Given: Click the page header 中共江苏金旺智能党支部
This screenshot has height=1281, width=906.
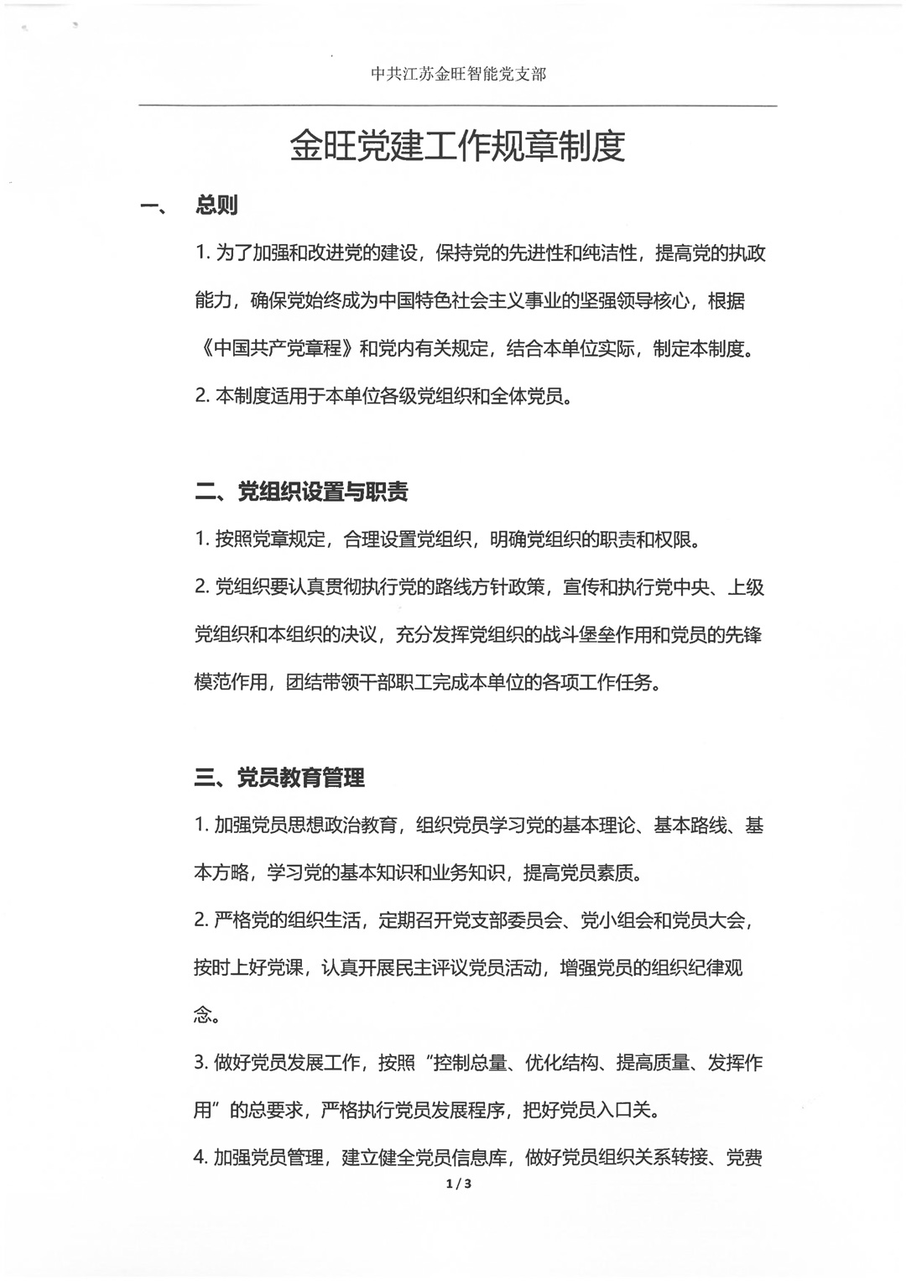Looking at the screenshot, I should [458, 75].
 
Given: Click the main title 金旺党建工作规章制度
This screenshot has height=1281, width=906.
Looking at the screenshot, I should [457, 146].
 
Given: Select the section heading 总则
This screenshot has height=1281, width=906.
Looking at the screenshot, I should [216, 205].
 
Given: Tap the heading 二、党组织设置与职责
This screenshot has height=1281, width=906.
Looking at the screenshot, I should [301, 492].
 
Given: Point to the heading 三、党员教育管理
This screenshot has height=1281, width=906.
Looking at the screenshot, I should [279, 778].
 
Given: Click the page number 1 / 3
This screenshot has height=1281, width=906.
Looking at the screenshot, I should [458, 1184].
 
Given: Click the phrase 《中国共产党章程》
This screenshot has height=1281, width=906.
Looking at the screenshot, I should [276, 349].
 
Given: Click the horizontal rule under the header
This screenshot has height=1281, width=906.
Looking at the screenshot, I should [458, 106].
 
